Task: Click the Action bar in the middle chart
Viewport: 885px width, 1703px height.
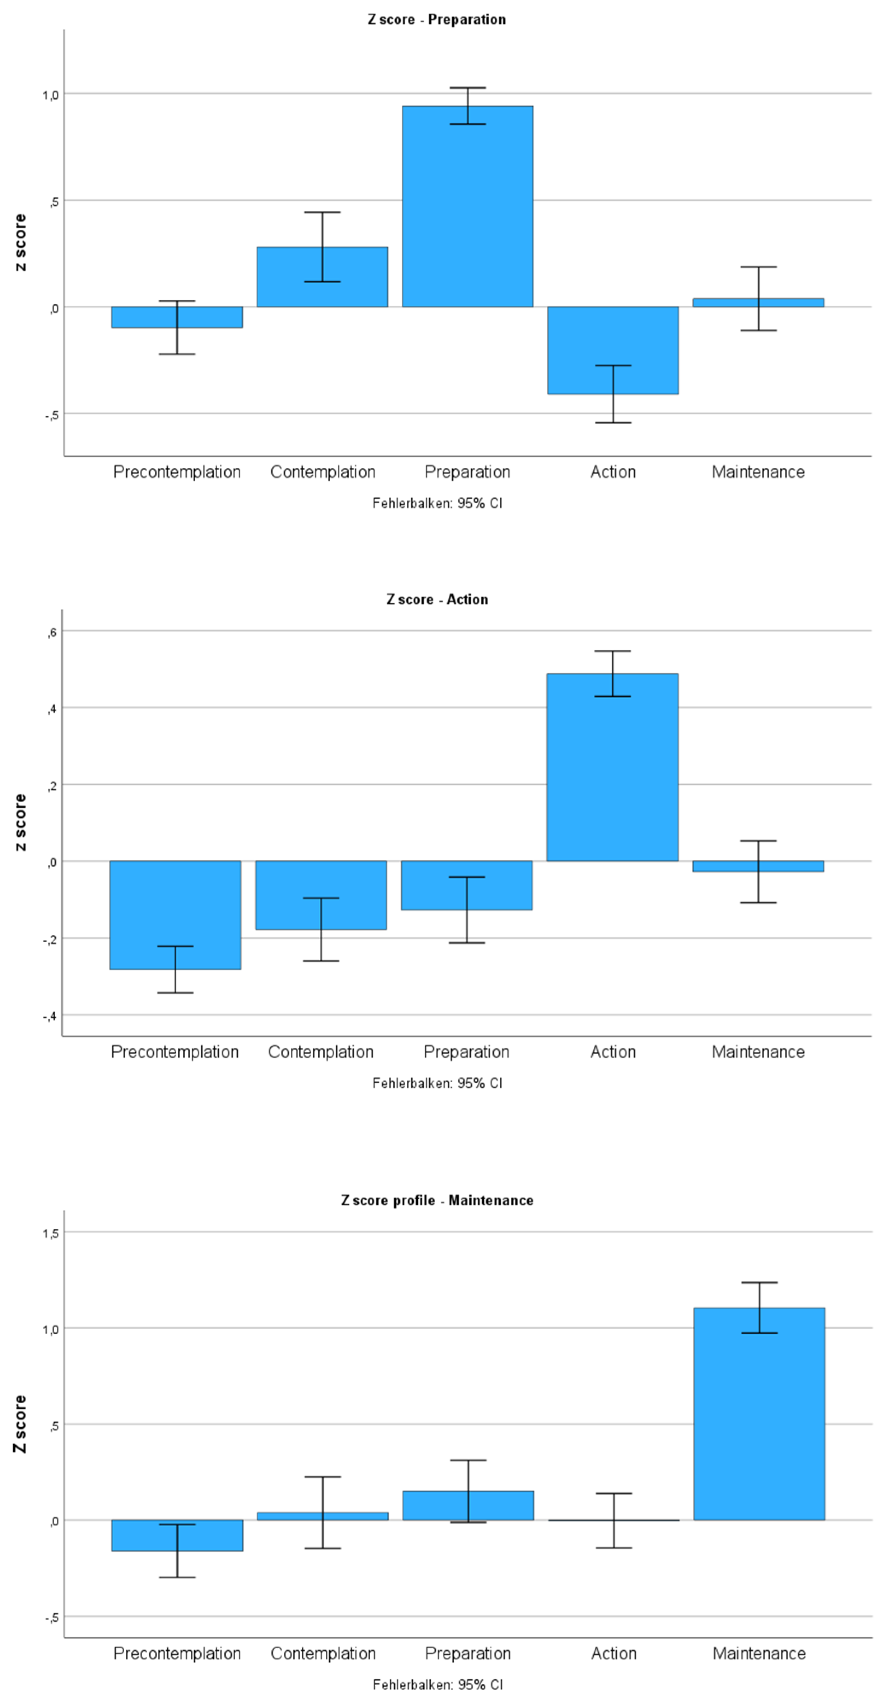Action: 613,767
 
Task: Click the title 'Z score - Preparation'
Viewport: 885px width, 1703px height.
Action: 437,19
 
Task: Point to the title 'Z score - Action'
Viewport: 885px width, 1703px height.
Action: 437,599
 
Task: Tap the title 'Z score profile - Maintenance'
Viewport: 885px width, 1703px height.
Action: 437,1200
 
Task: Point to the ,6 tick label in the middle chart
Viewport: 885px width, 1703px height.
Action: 52,633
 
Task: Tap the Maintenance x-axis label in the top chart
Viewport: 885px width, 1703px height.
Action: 758,472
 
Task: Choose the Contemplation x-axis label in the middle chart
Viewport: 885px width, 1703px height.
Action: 321,1052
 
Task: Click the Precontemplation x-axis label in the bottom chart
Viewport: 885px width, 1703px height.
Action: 177,1653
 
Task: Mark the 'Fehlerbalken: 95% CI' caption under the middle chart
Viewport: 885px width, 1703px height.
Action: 437,1083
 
